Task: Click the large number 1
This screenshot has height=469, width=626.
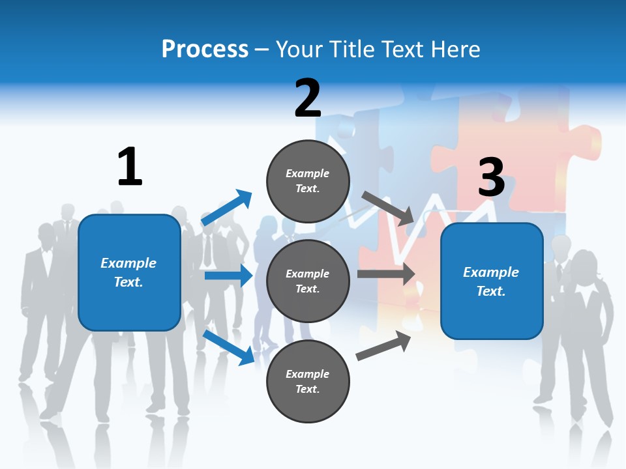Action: (x=130, y=167)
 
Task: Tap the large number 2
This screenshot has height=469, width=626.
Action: (x=308, y=98)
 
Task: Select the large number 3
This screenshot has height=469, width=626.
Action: (x=492, y=177)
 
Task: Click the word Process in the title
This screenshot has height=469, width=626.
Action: (x=205, y=49)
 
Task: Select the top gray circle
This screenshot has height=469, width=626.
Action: (x=308, y=181)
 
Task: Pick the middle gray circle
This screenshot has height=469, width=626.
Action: (x=308, y=281)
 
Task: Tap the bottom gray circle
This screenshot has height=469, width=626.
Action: (x=308, y=381)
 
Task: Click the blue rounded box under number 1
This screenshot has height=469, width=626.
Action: (x=129, y=272)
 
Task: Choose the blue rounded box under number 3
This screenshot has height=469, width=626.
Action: (x=492, y=281)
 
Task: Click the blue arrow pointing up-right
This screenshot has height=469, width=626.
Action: (x=227, y=208)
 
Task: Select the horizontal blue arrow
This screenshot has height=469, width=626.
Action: (x=228, y=276)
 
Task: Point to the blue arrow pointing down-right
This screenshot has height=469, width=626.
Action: (x=228, y=347)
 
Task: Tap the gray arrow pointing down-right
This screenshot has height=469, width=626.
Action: (x=389, y=208)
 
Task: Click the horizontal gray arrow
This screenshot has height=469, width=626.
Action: (x=386, y=274)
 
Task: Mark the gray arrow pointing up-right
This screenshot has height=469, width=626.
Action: (x=383, y=346)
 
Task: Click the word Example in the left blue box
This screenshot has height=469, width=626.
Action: (x=128, y=263)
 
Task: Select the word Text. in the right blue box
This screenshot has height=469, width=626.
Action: (x=491, y=291)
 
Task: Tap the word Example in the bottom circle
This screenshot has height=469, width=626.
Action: (x=308, y=374)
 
